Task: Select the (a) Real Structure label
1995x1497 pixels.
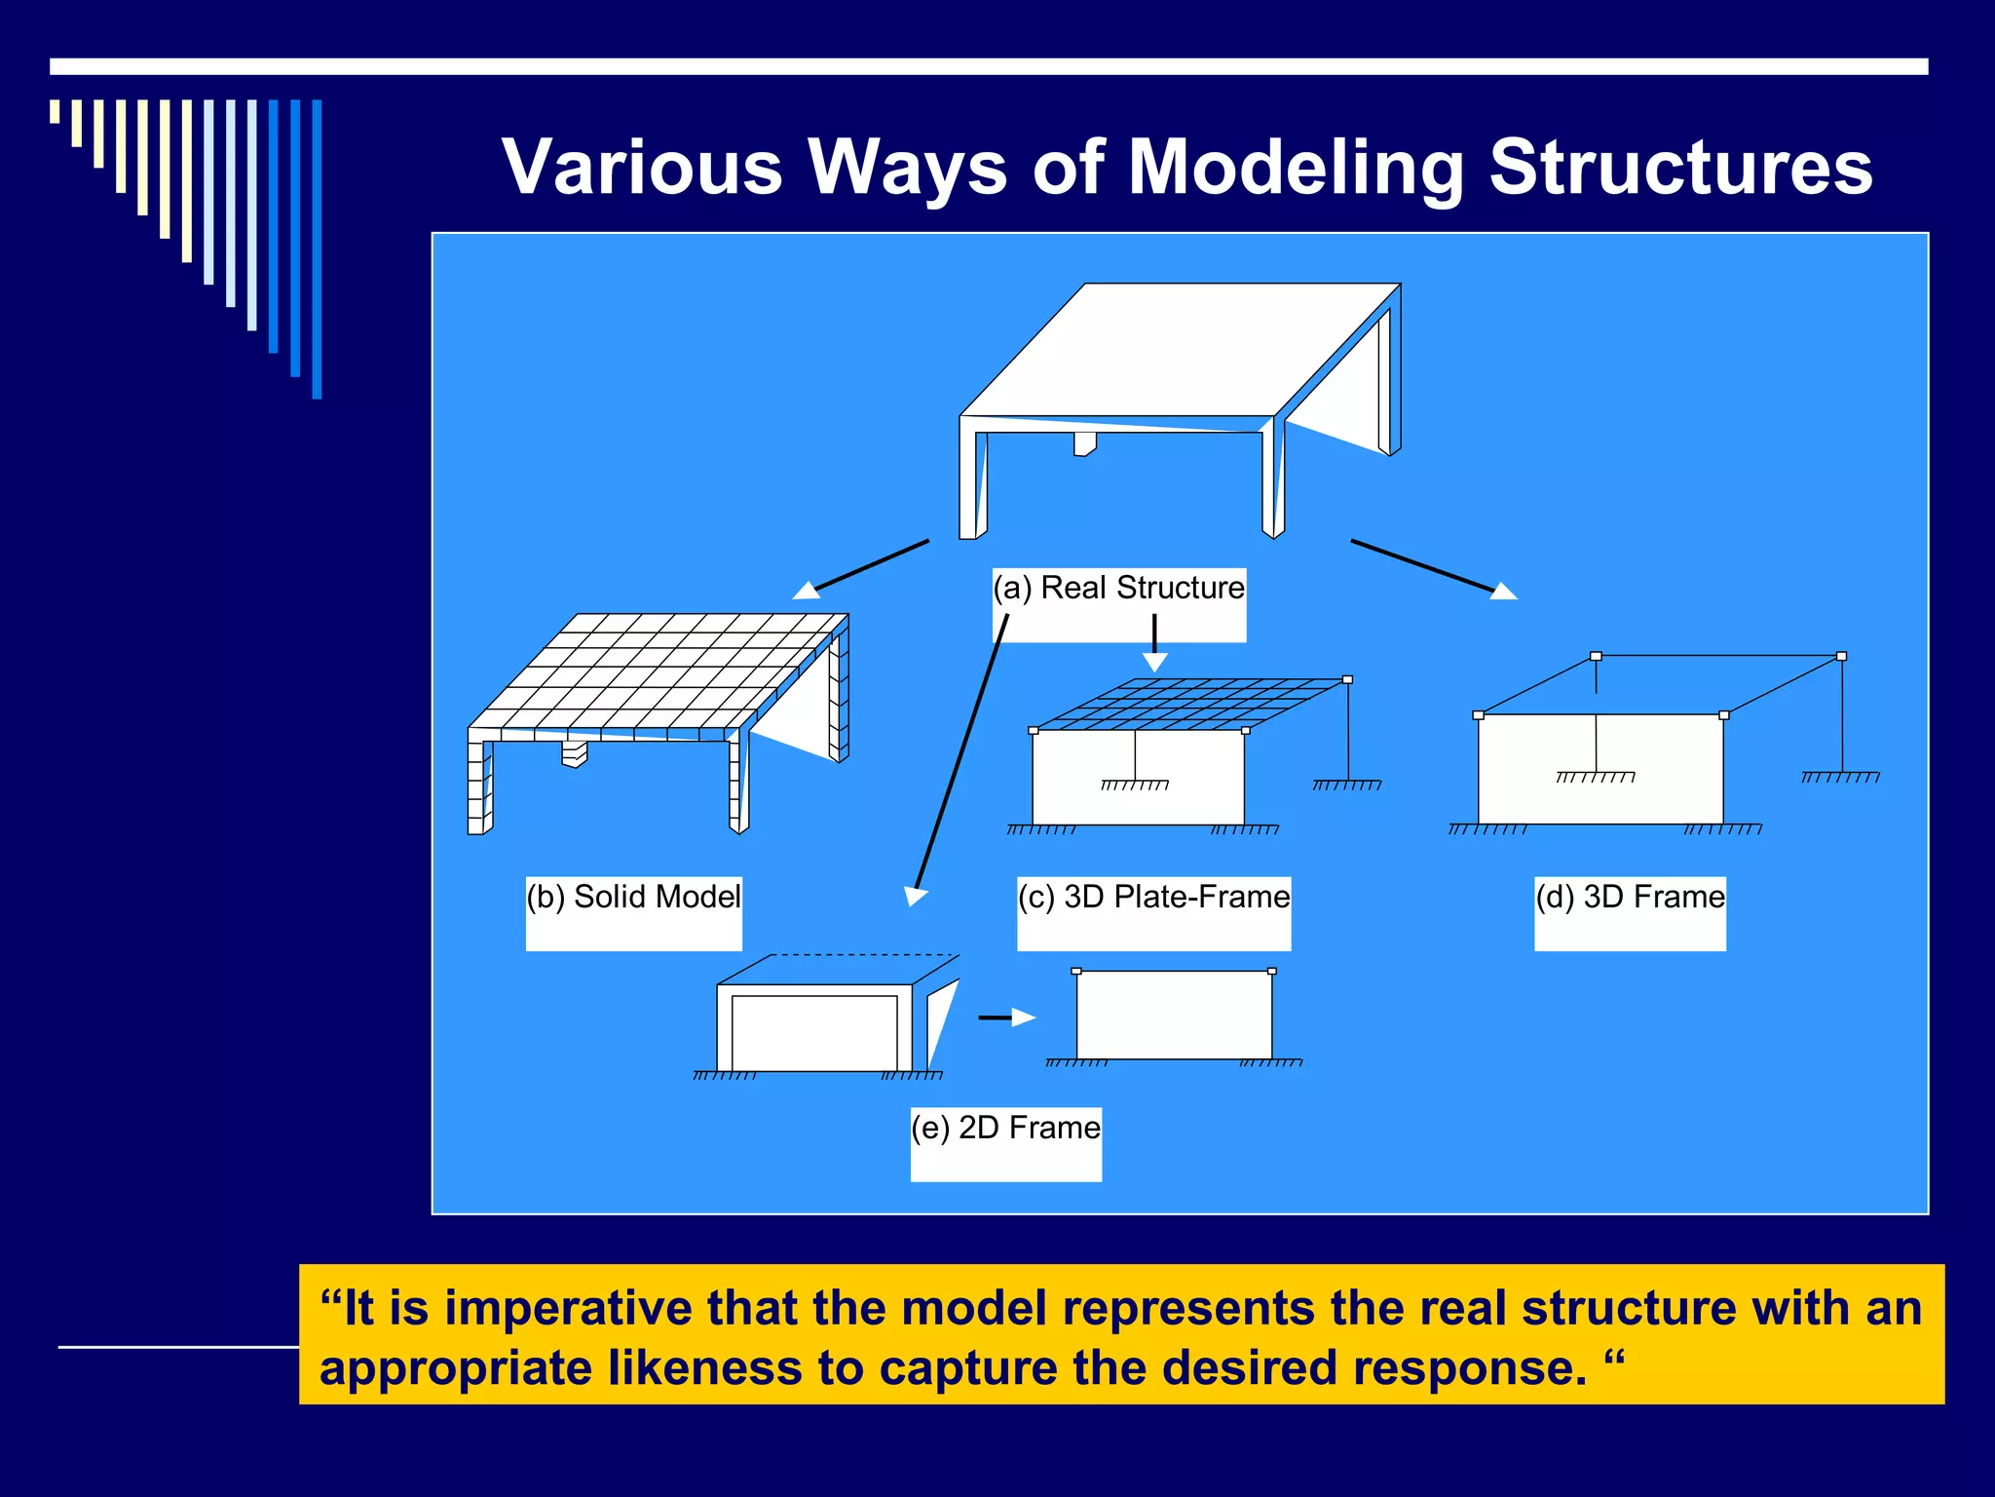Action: [x=1118, y=589]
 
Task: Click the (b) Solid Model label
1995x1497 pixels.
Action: [x=633, y=897]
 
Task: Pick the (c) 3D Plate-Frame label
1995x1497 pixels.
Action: [x=1153, y=897]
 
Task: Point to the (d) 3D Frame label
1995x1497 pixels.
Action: [x=1630, y=897]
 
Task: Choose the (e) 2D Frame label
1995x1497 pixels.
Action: [x=1005, y=1128]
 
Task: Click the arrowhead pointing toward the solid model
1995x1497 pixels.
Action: [x=806, y=590]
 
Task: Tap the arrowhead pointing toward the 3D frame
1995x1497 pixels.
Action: [x=1504, y=591]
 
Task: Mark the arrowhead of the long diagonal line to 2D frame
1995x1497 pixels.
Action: [x=915, y=896]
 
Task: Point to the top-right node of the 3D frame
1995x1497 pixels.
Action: [x=1841, y=656]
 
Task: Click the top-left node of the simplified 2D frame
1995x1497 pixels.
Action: [x=1076, y=972]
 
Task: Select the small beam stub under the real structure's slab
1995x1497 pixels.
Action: [x=1084, y=444]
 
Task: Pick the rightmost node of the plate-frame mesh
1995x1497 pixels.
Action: [x=1347, y=679]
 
